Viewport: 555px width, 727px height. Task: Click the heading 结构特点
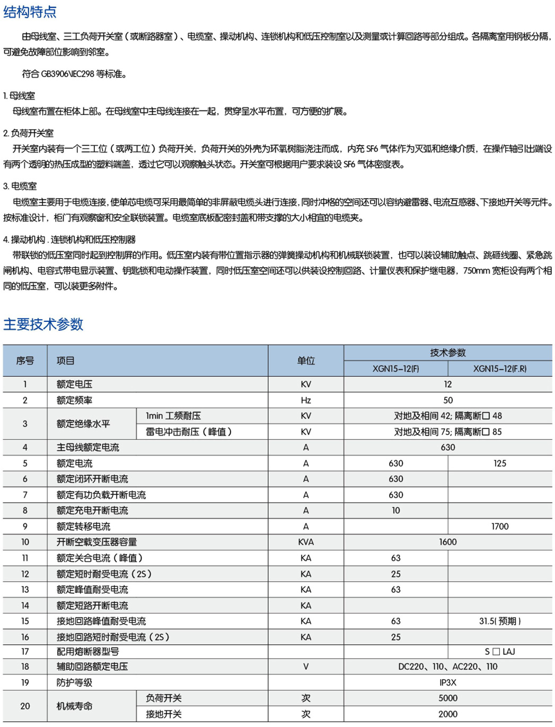tap(30, 12)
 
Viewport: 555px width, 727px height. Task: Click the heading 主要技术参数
tap(43, 324)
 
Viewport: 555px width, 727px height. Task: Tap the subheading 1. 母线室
tap(19, 95)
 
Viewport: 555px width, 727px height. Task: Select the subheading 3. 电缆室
tap(20, 186)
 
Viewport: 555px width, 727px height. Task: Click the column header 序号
tap(25, 361)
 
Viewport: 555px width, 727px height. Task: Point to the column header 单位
tap(306, 361)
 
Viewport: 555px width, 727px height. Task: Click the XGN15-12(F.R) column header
tap(500, 369)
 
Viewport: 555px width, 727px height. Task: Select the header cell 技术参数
tap(448, 353)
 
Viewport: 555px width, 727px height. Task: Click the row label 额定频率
tap(75, 400)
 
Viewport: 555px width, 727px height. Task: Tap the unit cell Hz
tap(306, 400)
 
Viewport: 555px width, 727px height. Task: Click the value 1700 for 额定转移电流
tap(500, 527)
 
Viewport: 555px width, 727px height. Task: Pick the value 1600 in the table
tap(448, 542)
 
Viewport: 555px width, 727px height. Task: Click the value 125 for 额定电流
tap(500, 463)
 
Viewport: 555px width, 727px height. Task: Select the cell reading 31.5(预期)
tap(500, 621)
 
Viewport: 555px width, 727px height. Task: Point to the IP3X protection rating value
tap(448, 682)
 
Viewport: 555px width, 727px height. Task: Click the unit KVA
tap(306, 542)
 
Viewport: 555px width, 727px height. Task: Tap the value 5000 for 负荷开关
tap(448, 698)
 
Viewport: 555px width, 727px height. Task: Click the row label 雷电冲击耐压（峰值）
tap(189, 432)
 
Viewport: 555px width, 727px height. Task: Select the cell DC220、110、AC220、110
tap(448, 667)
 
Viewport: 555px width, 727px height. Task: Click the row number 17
tap(25, 651)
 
